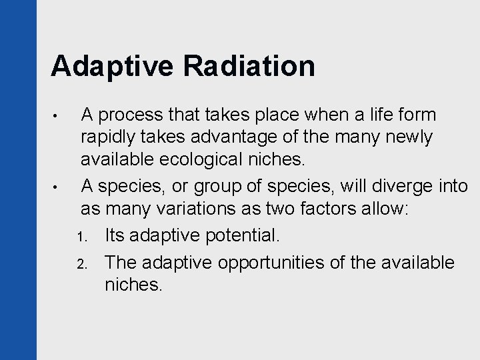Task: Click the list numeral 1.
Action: [x=83, y=238]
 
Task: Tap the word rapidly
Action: [x=107, y=137]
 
